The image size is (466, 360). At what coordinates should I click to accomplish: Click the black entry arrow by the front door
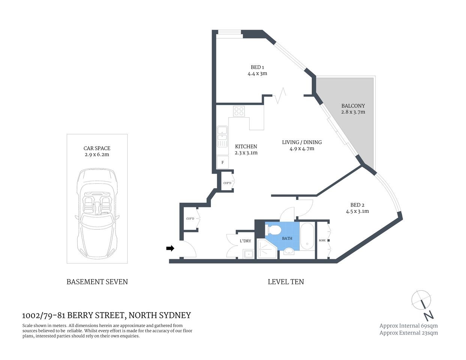pyautogui.click(x=170, y=248)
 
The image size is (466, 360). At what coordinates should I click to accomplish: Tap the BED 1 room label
pyautogui.click(x=257, y=67)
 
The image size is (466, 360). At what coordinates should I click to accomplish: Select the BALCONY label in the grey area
pyautogui.click(x=353, y=106)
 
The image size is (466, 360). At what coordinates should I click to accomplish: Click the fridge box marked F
pyautogui.click(x=222, y=162)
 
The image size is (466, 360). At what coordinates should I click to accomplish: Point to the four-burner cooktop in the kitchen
pyautogui.click(x=239, y=111)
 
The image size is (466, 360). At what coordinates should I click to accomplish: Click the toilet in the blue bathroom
pyautogui.click(x=273, y=229)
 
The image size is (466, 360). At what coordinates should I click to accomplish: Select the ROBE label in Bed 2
pyautogui.click(x=322, y=240)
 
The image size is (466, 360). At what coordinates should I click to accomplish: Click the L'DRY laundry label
pyautogui.click(x=245, y=241)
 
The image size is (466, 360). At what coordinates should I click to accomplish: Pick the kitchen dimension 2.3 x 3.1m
pyautogui.click(x=246, y=153)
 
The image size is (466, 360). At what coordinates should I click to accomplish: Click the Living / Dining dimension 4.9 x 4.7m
pyautogui.click(x=302, y=148)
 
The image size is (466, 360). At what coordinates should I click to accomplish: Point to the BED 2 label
pyautogui.click(x=357, y=205)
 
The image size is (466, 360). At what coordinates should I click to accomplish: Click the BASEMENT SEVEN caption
pyautogui.click(x=97, y=282)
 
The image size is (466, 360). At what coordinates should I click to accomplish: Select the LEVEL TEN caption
pyautogui.click(x=286, y=282)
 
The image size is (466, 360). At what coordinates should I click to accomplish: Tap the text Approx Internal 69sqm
pyautogui.click(x=408, y=325)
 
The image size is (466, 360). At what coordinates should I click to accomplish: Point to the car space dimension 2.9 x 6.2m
pyautogui.click(x=97, y=154)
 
